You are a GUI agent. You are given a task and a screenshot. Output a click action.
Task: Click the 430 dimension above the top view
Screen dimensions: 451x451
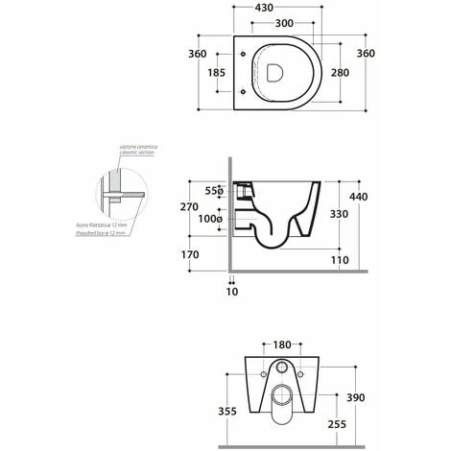click(281, 8)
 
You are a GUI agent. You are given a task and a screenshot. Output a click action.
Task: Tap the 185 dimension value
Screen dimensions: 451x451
click(218, 72)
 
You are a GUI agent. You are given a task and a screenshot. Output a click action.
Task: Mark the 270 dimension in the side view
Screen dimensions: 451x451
click(189, 207)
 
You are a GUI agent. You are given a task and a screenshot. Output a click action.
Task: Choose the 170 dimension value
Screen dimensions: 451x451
click(189, 255)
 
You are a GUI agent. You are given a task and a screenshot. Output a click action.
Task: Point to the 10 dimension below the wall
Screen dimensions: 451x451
click(231, 291)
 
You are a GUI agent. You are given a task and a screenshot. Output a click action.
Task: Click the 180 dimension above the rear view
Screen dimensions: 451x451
click(281, 343)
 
